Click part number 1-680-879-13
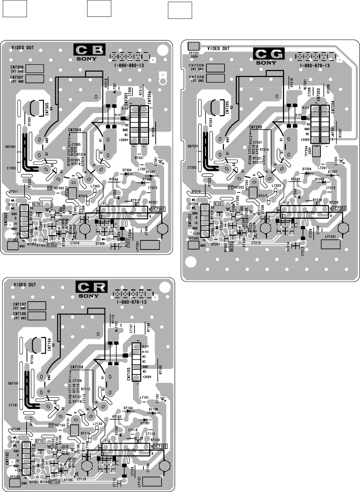(x=315, y=66)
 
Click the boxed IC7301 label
(x=157, y=209)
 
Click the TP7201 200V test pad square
(x=193, y=46)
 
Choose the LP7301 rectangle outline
(x=150, y=245)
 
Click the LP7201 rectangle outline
(x=330, y=244)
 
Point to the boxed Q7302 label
(x=51, y=245)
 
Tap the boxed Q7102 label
(x=54, y=482)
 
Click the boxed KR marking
(x=52, y=425)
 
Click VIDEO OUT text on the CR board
(x=24, y=284)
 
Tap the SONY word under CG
(x=267, y=63)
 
